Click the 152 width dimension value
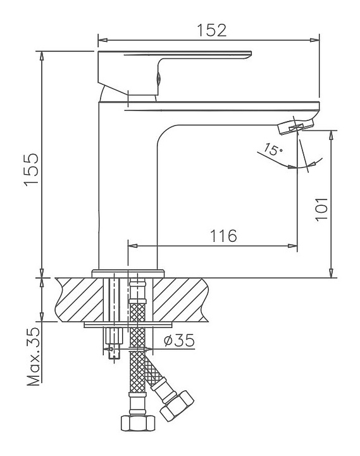coord(212,30)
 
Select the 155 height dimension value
coord(32,168)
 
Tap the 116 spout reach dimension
coord(223,236)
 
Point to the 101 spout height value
coord(321,210)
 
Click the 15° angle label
coord(273,149)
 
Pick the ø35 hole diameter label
coord(179,340)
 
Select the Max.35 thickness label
coord(34,357)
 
